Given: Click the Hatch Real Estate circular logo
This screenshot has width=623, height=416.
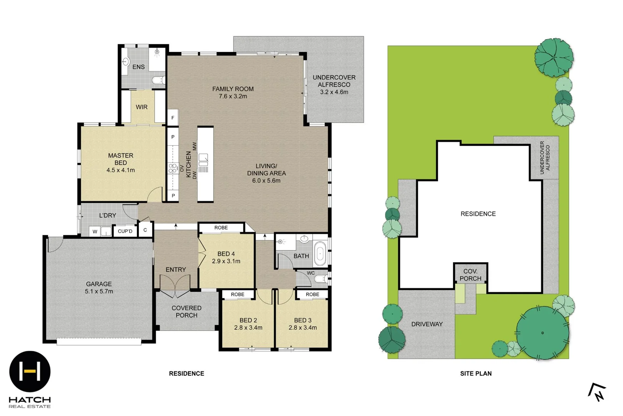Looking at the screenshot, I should [x=30, y=371].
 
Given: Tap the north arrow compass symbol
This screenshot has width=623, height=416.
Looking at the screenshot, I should [x=597, y=392].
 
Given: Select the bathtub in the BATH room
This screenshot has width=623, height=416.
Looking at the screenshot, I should [x=320, y=254].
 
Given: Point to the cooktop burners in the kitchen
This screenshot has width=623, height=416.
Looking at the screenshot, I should [x=172, y=168].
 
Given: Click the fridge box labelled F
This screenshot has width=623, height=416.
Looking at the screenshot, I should [x=173, y=118].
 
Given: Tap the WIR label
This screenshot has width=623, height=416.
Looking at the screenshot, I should [x=142, y=107].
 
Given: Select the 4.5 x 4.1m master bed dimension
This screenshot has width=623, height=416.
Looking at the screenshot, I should [x=120, y=170].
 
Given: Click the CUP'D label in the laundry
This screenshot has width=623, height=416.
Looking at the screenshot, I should [x=125, y=231].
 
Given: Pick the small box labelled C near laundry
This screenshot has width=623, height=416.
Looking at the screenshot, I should [x=145, y=230].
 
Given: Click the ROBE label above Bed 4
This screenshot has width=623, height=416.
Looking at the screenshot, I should [x=221, y=228].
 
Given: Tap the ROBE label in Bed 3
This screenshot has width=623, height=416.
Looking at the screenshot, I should [x=312, y=294].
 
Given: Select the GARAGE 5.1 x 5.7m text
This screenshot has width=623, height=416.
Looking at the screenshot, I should [x=99, y=288].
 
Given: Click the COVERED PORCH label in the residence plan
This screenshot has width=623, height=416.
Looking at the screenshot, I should [x=187, y=312].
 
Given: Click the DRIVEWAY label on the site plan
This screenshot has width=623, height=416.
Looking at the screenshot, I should [x=427, y=324].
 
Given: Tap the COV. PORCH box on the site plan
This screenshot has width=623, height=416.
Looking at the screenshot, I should [x=470, y=275].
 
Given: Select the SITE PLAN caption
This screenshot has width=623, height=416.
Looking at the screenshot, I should [x=476, y=373].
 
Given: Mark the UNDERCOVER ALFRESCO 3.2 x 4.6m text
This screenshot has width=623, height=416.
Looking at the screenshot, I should [x=334, y=85].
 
